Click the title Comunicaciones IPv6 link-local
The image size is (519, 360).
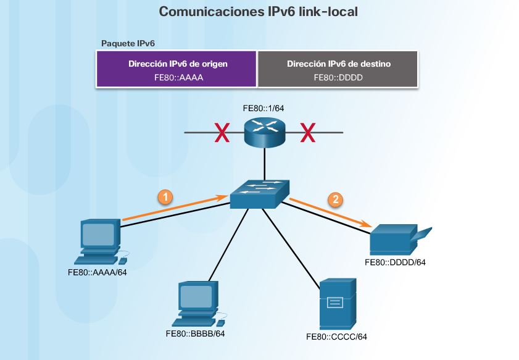tap(259, 12)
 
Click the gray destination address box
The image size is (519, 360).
tap(339, 69)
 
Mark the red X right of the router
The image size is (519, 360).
tap(307, 132)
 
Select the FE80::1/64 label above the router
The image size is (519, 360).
tap(264, 109)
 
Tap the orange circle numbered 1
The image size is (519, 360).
tap(164, 197)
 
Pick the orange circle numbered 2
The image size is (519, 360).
tap(334, 199)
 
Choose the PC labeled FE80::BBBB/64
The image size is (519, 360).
tap(197, 304)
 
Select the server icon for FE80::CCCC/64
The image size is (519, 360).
tap(338, 304)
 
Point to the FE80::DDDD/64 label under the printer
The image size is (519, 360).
tap(396, 262)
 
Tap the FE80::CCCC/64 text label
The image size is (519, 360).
tap(336, 337)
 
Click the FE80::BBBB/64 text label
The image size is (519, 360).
tap(195, 334)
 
